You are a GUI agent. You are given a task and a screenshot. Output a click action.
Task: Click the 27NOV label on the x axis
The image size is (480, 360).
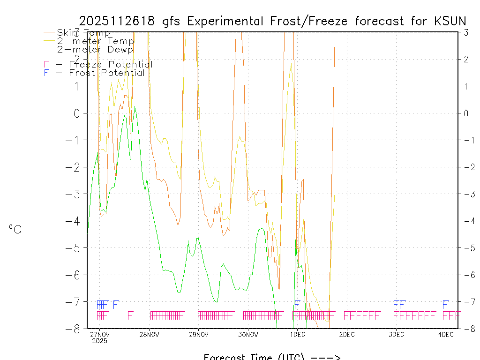(x=100, y=334)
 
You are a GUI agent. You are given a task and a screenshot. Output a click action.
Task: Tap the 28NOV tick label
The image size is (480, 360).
(x=150, y=334)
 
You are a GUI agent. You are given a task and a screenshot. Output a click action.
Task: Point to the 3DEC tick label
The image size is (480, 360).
(x=397, y=334)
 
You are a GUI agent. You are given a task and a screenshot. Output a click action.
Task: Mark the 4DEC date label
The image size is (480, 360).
(x=446, y=334)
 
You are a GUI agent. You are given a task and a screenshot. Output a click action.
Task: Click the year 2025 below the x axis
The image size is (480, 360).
(x=100, y=341)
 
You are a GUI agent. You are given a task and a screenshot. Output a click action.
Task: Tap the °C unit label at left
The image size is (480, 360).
(x=15, y=229)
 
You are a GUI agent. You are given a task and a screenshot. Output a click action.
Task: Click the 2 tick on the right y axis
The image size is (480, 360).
(x=465, y=59)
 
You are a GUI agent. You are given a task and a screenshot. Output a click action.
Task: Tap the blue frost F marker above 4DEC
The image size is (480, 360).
(x=446, y=304)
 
